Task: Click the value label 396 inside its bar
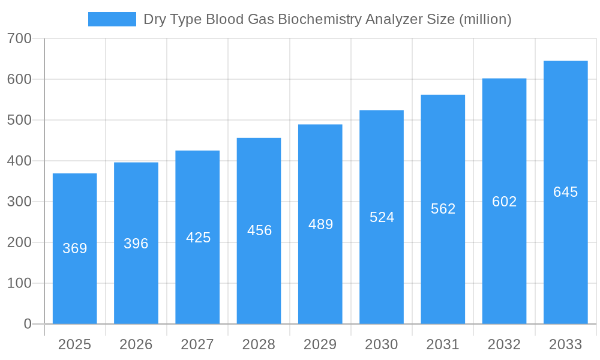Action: tap(136, 244)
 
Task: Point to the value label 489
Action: tap(320, 224)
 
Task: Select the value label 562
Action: tap(443, 209)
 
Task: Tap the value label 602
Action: tap(505, 202)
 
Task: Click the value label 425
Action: tap(198, 238)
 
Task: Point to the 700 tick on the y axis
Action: tap(19, 38)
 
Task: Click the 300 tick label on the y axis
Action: tap(19, 202)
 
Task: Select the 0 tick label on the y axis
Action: tap(27, 324)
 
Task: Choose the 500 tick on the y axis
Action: tap(19, 120)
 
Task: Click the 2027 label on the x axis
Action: tap(197, 344)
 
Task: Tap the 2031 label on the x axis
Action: tap(443, 344)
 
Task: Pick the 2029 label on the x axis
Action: tap(320, 344)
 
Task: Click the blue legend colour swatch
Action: tap(112, 19)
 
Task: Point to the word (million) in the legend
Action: tap(485, 19)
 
